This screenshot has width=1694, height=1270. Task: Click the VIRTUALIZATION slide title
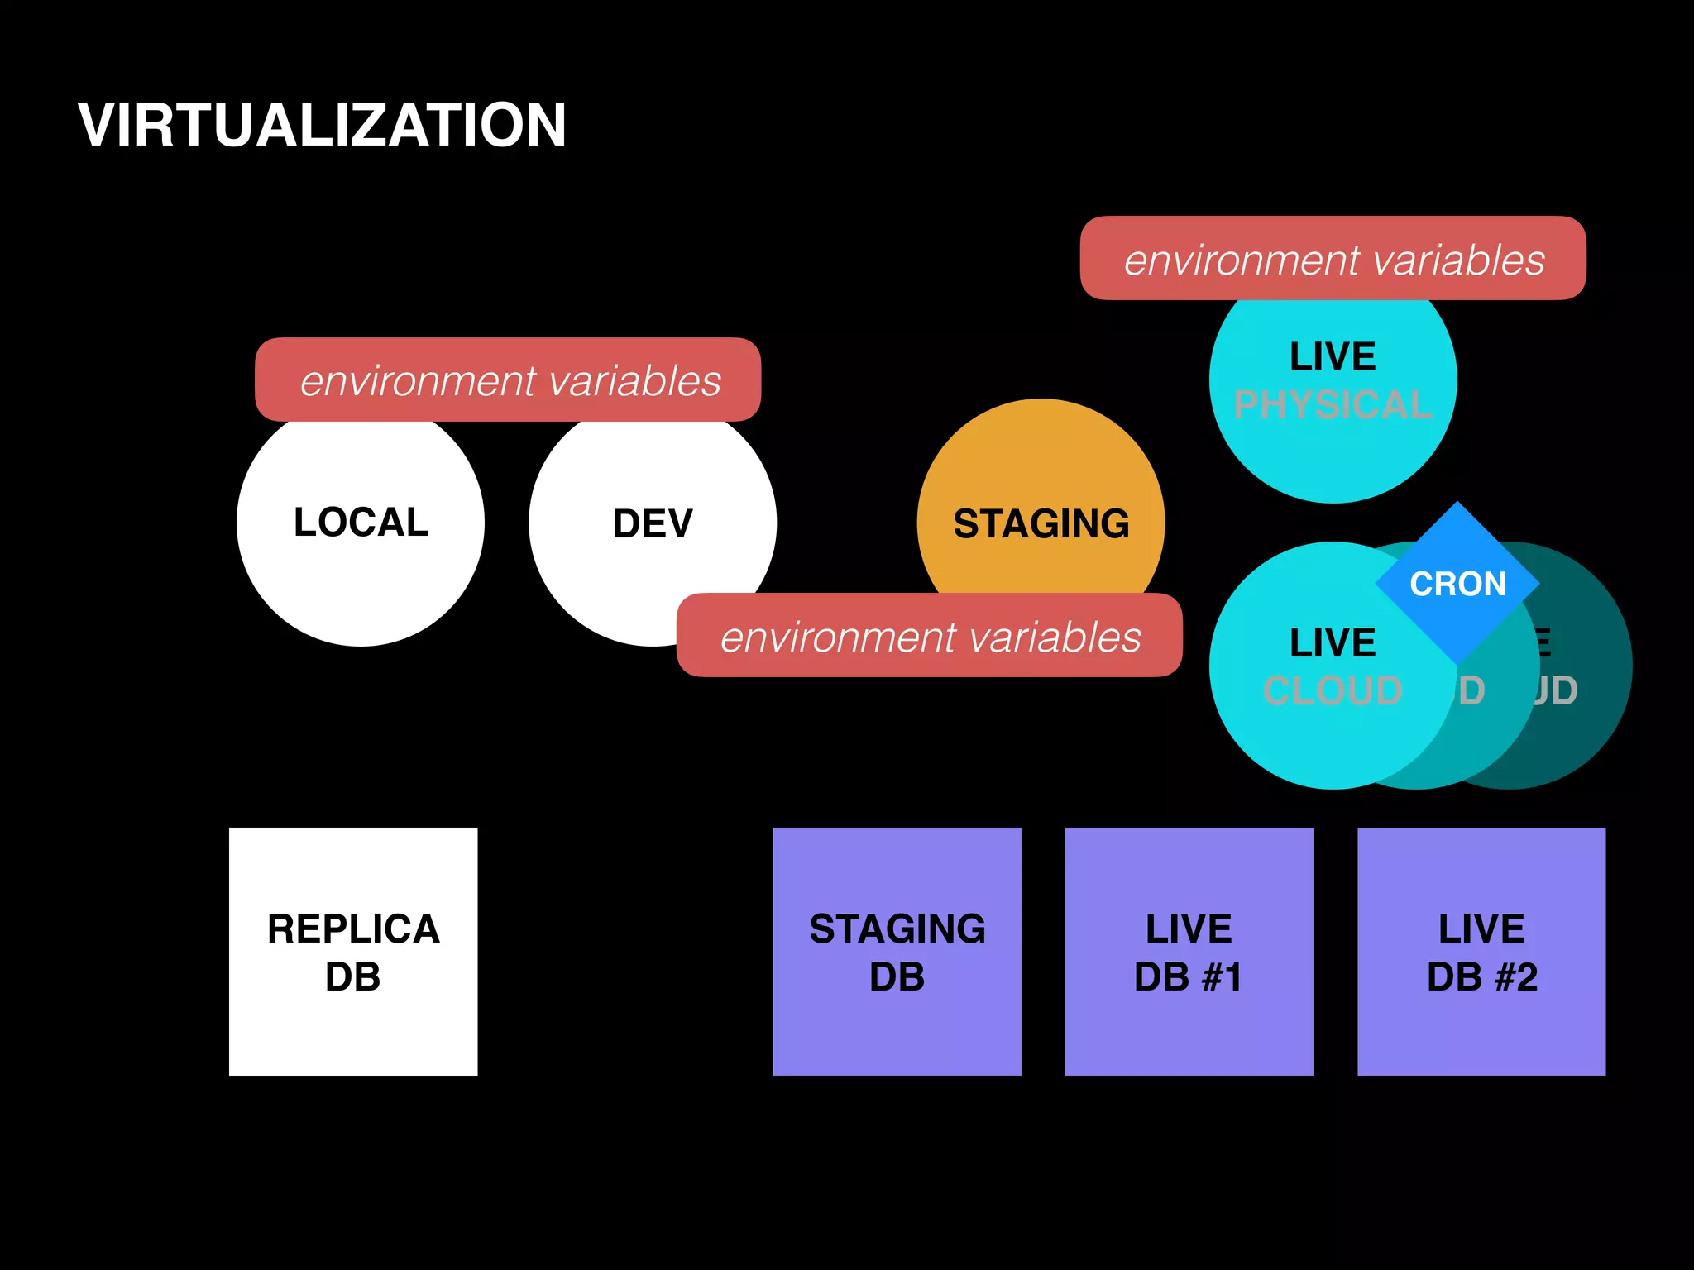coord(322,126)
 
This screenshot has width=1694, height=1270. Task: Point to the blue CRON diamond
coord(1457,584)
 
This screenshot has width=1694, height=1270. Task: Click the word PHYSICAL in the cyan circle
coord(1333,405)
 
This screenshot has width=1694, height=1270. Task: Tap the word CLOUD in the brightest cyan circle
coord(1333,690)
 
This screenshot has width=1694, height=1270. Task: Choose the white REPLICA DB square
coord(353,951)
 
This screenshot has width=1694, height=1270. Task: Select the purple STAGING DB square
coord(897,951)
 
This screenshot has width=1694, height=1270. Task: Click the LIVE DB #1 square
coord(1189,951)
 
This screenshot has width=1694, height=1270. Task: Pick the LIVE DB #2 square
coord(1481,951)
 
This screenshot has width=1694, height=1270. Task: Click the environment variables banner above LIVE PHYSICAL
coord(1333,259)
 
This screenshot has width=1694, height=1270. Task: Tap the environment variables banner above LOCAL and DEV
coord(508,380)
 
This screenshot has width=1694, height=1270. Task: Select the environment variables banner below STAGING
coord(929,636)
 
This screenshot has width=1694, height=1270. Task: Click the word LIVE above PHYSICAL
coord(1333,357)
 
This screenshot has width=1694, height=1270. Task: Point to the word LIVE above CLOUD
coord(1333,643)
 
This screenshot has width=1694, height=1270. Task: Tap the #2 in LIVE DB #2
coord(1516,977)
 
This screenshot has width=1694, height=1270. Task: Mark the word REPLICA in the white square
coord(353,929)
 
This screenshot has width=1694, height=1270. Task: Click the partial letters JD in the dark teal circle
coord(1555,690)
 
